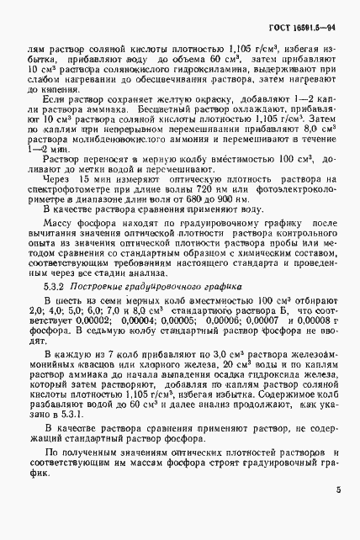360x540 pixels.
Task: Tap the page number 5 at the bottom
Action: tap(336, 511)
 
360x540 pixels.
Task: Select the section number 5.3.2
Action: tap(53, 287)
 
